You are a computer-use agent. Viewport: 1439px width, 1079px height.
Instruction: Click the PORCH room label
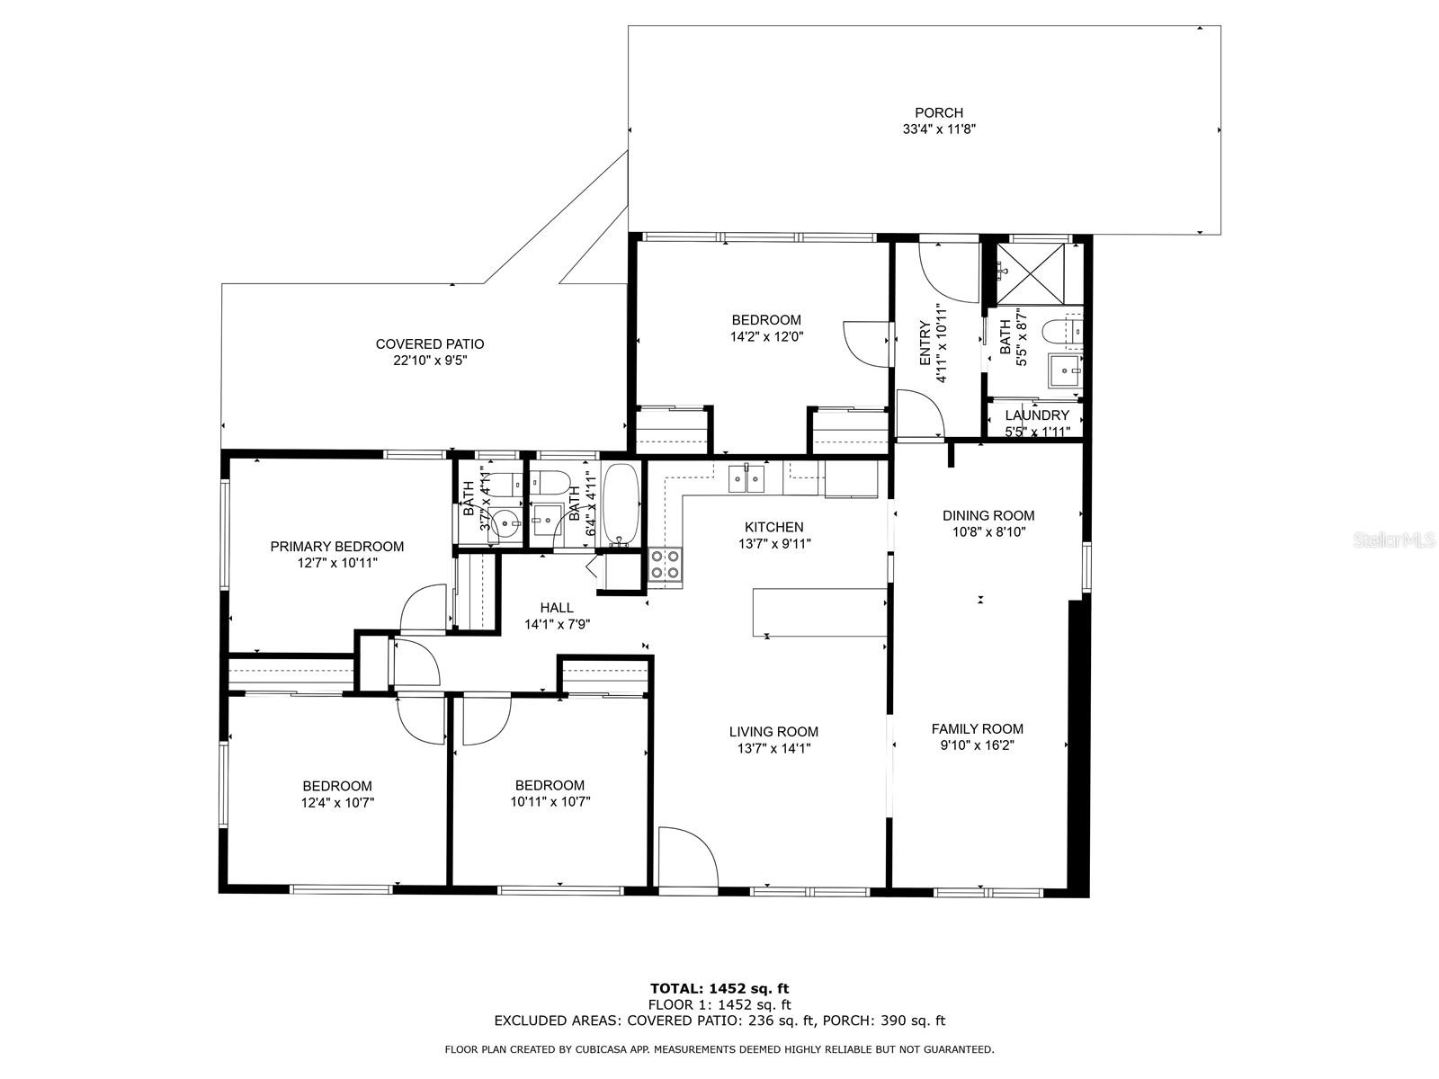(x=939, y=113)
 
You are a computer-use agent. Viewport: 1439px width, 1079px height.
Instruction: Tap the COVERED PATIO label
(x=429, y=344)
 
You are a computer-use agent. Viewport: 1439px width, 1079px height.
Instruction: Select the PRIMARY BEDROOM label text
(x=337, y=547)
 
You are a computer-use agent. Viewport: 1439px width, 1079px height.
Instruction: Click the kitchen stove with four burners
(x=665, y=565)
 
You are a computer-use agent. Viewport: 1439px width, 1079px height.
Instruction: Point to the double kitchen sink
(x=746, y=478)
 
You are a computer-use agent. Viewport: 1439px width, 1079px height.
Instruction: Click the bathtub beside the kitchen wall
(x=620, y=504)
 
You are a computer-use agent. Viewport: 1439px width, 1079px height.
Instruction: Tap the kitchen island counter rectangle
(x=819, y=612)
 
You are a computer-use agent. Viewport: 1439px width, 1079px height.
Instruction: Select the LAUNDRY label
(x=1036, y=415)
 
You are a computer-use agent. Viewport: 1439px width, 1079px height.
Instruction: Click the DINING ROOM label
(x=988, y=515)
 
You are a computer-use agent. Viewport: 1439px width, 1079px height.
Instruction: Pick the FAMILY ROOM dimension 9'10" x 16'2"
(x=977, y=745)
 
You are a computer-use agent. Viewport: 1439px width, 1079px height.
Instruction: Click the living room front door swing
(x=688, y=857)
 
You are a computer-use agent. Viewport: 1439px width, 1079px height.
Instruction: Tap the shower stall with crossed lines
(x=1030, y=274)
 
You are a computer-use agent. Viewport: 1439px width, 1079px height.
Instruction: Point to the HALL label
(x=557, y=608)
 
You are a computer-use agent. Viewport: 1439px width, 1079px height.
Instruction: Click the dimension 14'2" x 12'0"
(x=766, y=336)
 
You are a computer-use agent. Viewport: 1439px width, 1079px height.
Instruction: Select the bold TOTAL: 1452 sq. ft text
(x=719, y=988)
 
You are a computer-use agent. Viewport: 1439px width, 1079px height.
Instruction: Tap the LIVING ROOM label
(x=773, y=732)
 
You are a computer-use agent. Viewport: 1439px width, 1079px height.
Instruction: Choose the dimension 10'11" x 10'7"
(x=550, y=801)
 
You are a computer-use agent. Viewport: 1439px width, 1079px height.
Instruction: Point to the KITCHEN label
(x=773, y=527)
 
